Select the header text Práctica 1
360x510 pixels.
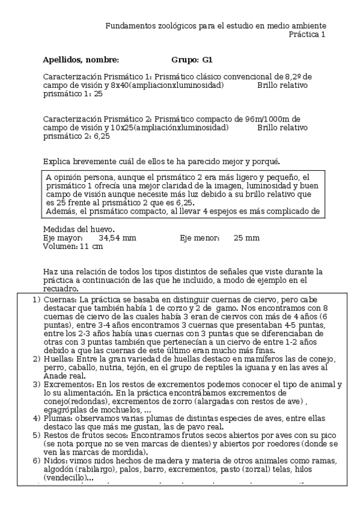(x=307, y=35)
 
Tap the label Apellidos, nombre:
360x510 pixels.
(x=81, y=60)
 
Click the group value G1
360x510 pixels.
(x=207, y=60)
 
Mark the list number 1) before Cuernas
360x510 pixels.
(x=37, y=300)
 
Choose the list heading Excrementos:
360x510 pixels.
(x=70, y=384)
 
